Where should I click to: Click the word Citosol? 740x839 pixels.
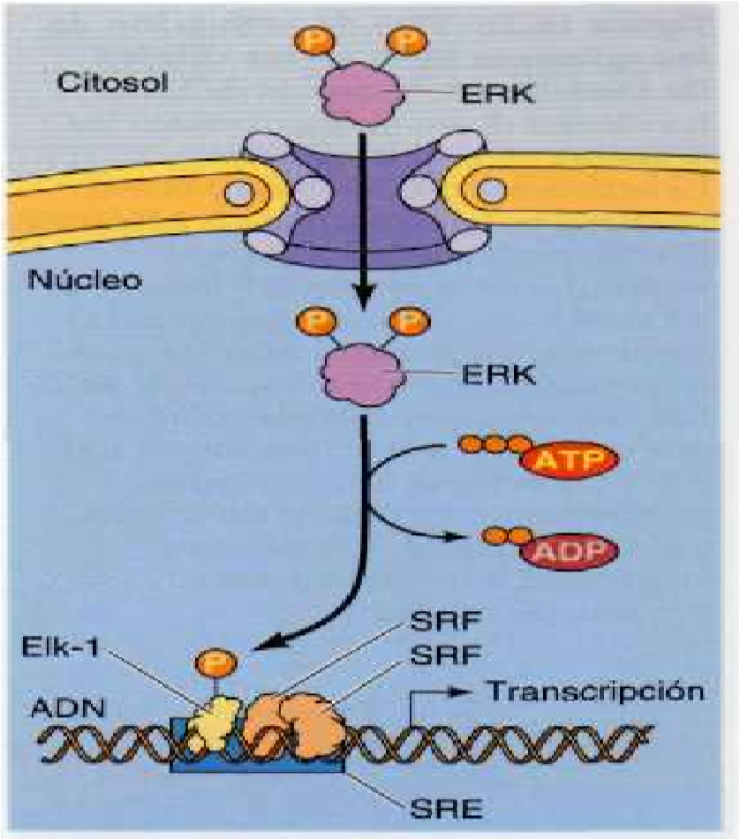click(113, 83)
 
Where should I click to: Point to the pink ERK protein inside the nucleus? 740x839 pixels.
click(362, 374)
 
